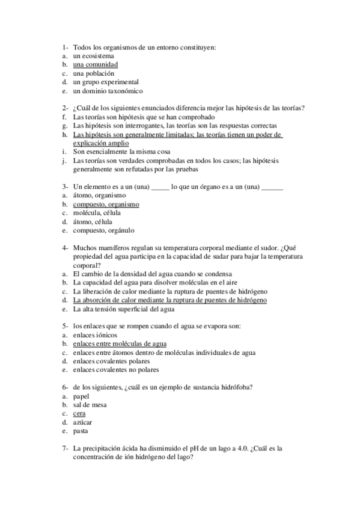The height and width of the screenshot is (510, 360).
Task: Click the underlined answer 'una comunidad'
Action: point(95,64)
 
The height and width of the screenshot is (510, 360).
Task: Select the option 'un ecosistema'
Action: point(93,55)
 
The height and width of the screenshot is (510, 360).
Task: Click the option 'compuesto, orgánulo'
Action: point(103,230)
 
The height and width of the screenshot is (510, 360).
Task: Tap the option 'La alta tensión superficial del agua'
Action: point(123,309)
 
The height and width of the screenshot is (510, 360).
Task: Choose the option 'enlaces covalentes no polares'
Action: point(115,370)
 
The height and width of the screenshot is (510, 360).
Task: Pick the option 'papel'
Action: point(81,396)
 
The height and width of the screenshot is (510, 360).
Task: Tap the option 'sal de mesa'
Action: point(90,405)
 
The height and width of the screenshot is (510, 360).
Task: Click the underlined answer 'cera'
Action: point(79,414)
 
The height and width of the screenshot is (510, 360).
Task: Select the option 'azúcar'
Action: point(83,423)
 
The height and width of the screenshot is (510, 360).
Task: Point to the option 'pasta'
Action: point(81,431)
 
